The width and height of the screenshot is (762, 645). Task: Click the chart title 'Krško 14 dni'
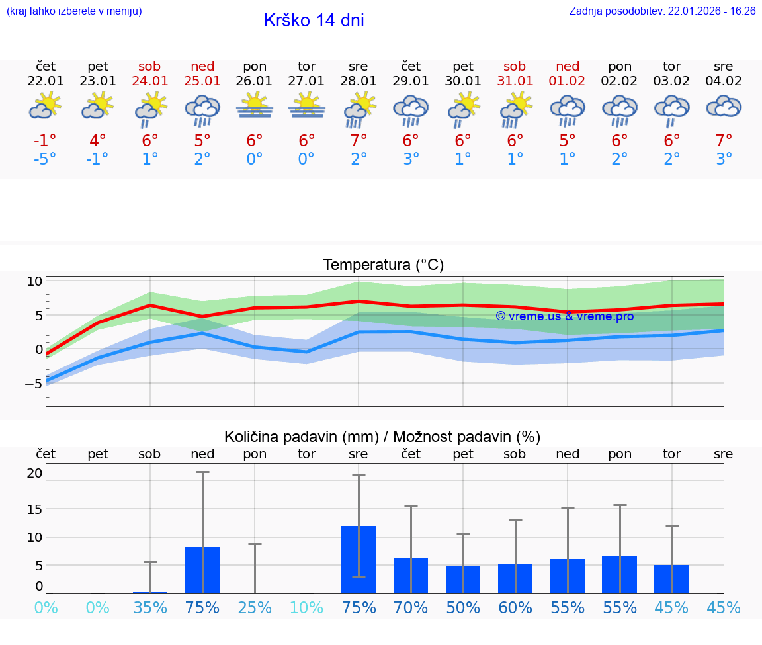314,21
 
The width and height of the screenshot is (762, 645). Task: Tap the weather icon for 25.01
202,110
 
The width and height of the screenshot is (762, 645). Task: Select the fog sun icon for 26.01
255,106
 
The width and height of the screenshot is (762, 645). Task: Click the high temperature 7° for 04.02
724,140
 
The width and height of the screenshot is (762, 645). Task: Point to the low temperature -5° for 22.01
46,159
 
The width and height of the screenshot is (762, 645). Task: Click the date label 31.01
515,81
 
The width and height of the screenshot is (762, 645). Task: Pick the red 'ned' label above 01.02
568,66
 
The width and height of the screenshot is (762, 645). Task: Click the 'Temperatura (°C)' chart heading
383,265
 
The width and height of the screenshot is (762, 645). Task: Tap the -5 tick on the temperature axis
33,384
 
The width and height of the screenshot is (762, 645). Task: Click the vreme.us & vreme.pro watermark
564,316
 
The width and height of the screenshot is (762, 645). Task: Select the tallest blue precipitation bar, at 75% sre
359,559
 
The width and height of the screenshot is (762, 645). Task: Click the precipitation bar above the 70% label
411,576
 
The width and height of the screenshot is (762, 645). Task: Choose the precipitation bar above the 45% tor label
671,579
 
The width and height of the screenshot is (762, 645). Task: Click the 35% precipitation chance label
150,607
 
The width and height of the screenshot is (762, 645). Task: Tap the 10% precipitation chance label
307,607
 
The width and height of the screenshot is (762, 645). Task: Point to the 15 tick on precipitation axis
34,509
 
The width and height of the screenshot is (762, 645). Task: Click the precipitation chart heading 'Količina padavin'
382,437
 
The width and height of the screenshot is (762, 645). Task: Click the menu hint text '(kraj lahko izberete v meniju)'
74,11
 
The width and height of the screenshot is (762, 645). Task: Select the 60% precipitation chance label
515,607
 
